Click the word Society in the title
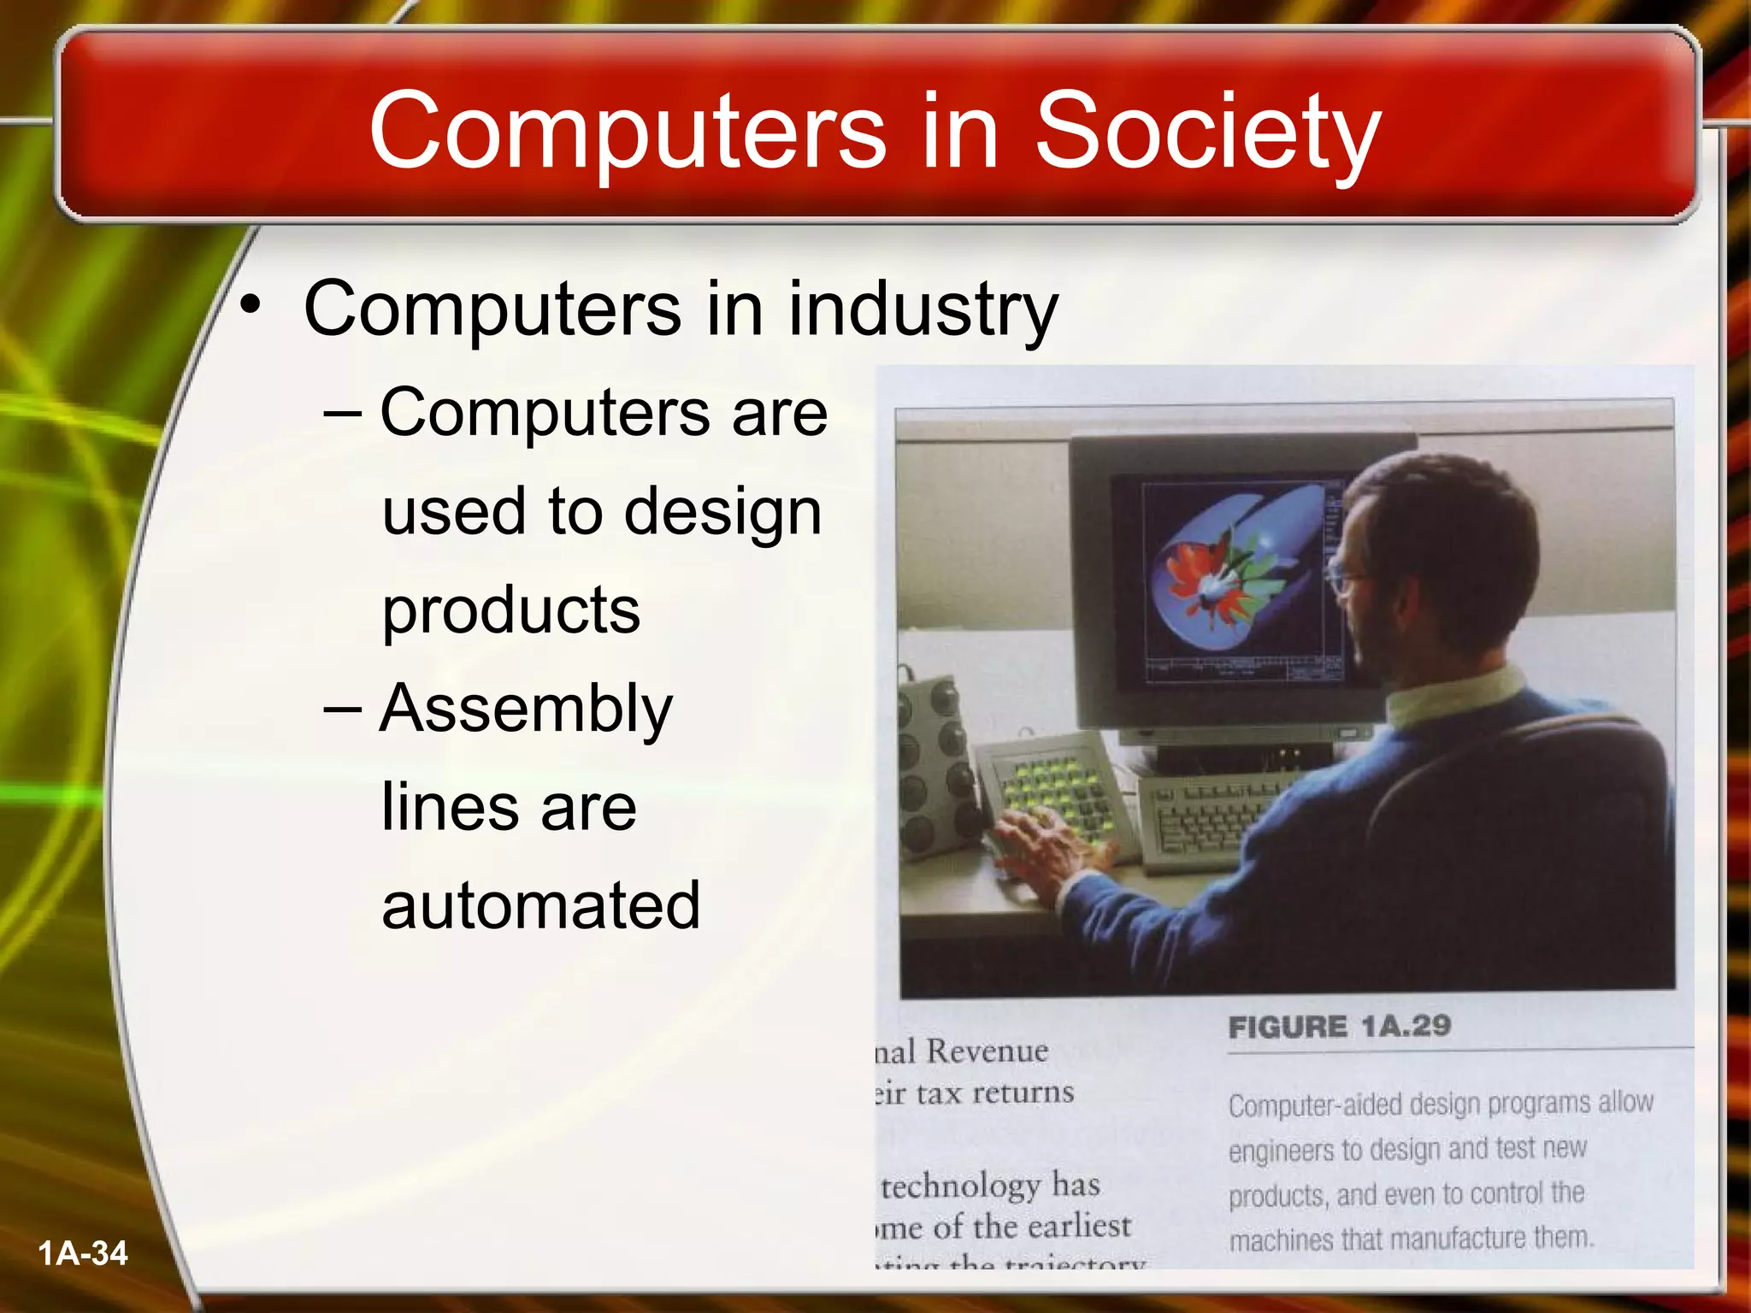pyautogui.click(x=1207, y=132)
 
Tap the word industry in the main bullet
pyautogui.click(x=923, y=309)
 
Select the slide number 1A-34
pyautogui.click(x=83, y=1253)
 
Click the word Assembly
pyautogui.click(x=527, y=709)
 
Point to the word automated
pyautogui.click(x=540, y=905)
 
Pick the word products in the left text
pyautogui.click(x=511, y=609)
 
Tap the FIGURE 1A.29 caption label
pyautogui.click(x=1339, y=1026)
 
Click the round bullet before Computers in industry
pyautogui.click(x=250, y=306)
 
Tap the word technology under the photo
pyautogui.click(x=960, y=1186)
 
